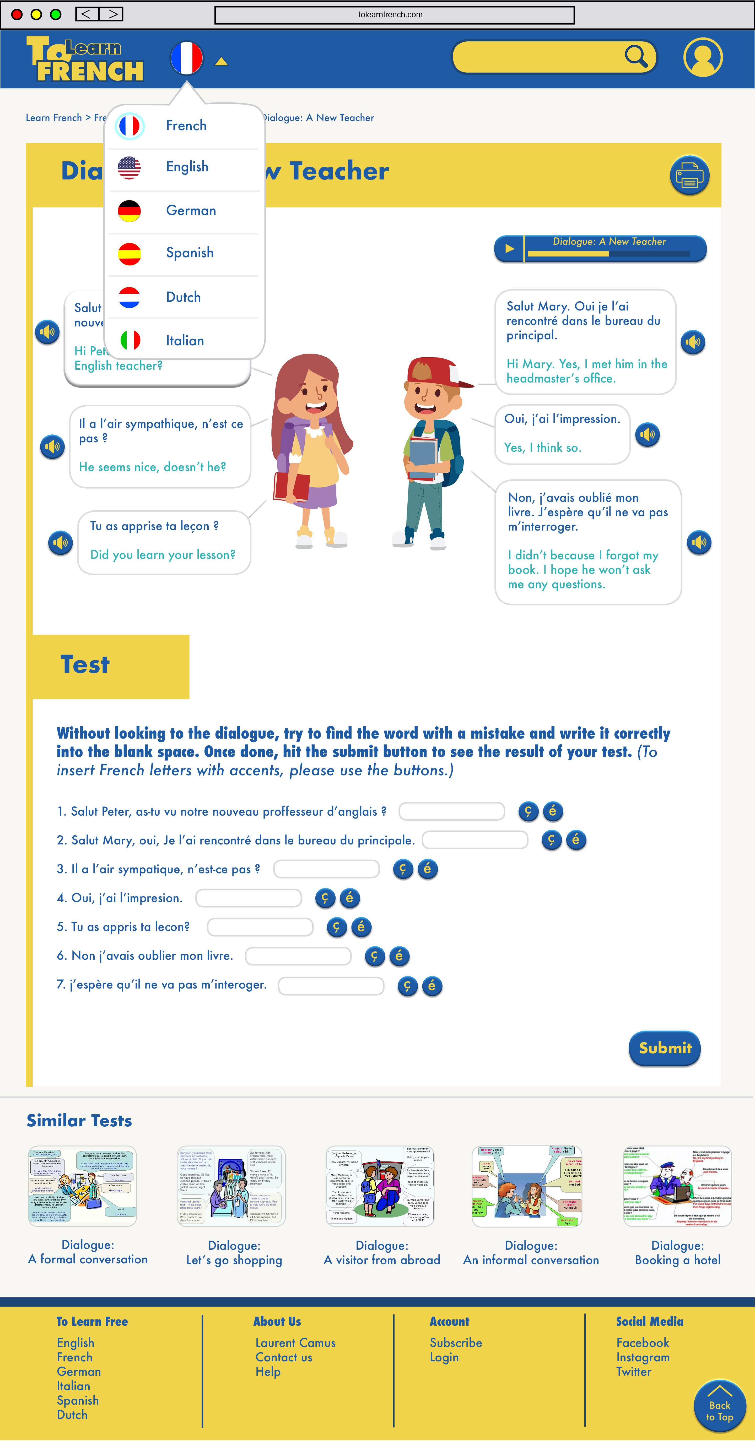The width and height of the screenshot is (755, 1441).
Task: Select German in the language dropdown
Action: click(x=190, y=211)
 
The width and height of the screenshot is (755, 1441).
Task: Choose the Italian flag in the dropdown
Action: click(x=130, y=340)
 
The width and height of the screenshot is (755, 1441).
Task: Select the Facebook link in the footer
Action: click(x=643, y=1342)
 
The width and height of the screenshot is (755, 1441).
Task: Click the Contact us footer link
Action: click(x=284, y=1357)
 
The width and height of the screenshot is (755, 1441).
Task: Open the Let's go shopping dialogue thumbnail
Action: click(x=231, y=1186)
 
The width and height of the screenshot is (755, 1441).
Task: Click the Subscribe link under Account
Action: click(x=456, y=1342)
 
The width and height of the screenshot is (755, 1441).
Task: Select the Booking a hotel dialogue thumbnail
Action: click(x=677, y=1186)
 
